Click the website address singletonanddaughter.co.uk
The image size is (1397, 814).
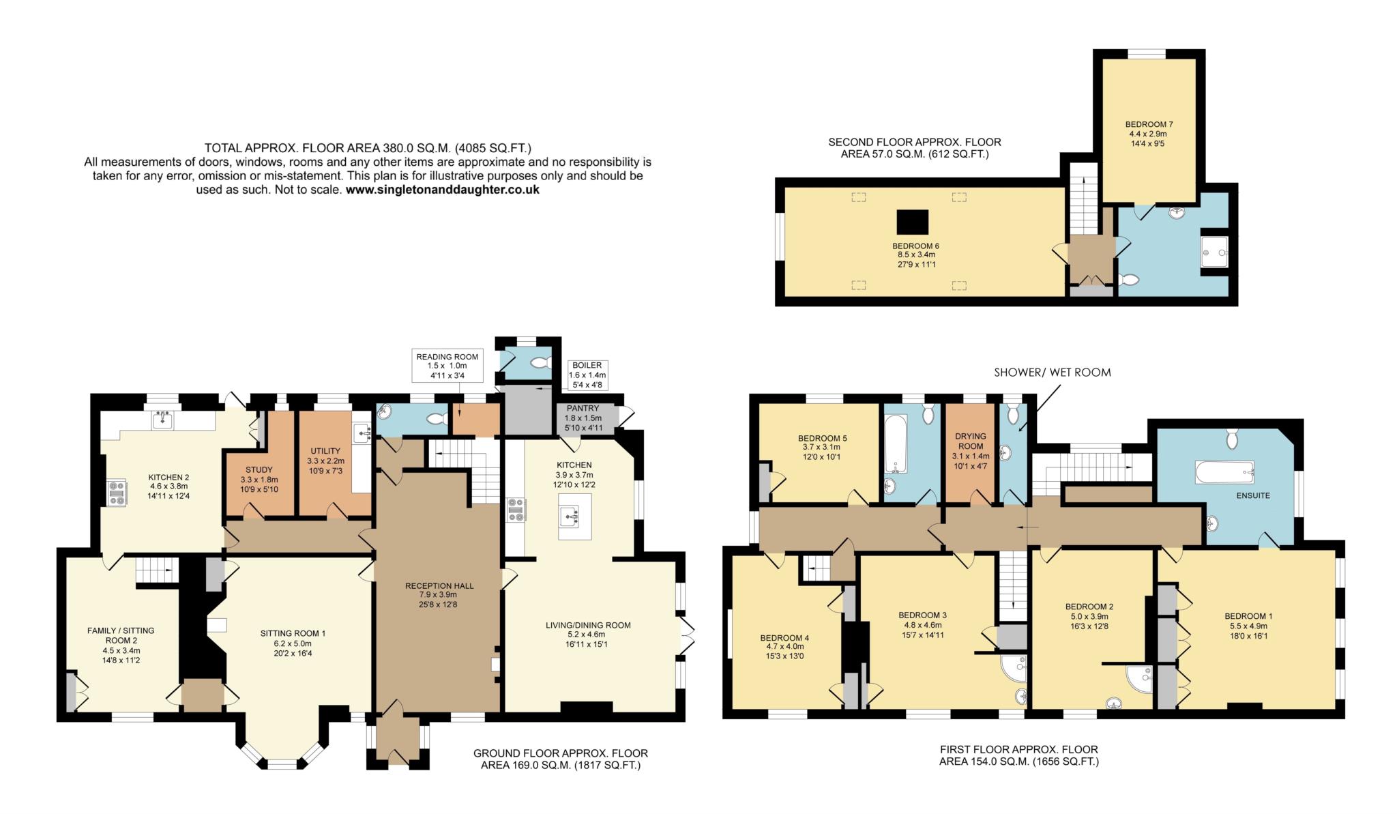pos(442,190)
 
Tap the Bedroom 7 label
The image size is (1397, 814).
pos(1149,124)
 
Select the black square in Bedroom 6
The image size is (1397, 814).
pos(913,221)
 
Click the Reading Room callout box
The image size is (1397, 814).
pos(447,366)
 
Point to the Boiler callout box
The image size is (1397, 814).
pos(587,375)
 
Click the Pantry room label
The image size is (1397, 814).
pos(583,408)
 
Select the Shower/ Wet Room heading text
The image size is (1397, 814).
pos(1053,373)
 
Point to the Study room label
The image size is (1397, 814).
pos(259,469)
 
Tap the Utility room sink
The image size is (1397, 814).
pos(362,431)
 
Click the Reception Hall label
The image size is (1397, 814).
pos(439,585)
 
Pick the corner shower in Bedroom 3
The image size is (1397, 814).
pos(1014,669)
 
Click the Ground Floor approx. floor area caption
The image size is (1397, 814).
pos(561,759)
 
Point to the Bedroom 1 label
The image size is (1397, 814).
pos(1248,616)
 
